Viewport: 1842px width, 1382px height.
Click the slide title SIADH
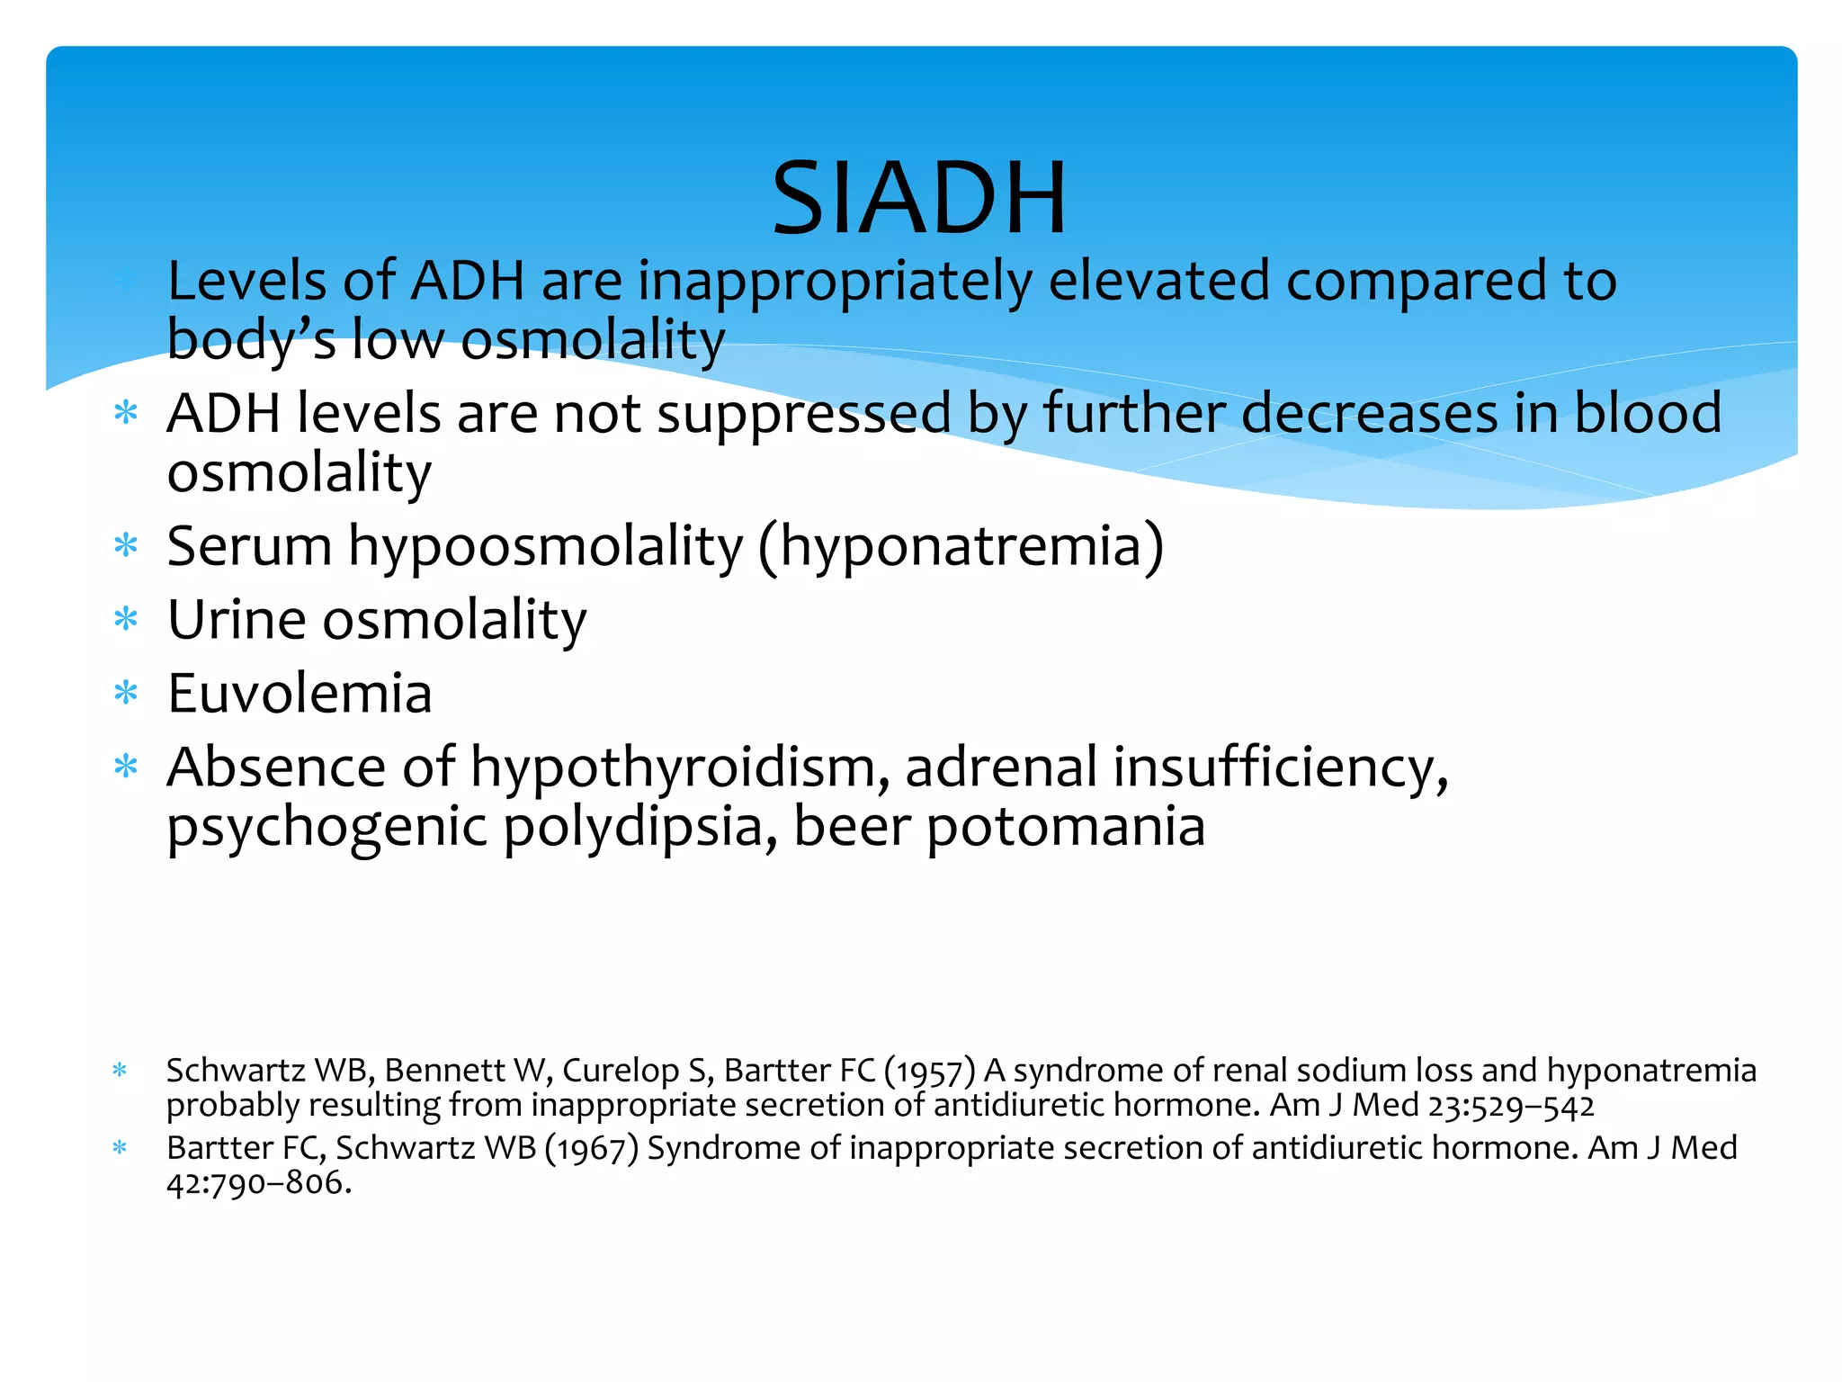pyautogui.click(x=919, y=198)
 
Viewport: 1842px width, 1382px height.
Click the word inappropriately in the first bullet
pyautogui.click(x=836, y=281)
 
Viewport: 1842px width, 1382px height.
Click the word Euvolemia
pyautogui.click(x=300, y=694)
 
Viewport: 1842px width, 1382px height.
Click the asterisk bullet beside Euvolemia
pyautogui.click(x=126, y=693)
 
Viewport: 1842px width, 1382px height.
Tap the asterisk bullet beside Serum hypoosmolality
pyautogui.click(x=126, y=545)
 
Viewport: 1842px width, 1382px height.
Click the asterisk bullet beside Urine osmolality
pyautogui.click(x=126, y=619)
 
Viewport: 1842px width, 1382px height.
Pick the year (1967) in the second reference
pyautogui.click(x=591, y=1149)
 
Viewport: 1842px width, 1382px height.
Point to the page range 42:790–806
pyautogui.click(x=258, y=1183)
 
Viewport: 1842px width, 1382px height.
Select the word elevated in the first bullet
pyautogui.click(x=1158, y=281)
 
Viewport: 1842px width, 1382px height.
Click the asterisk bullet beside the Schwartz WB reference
pyautogui.click(x=120, y=1071)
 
